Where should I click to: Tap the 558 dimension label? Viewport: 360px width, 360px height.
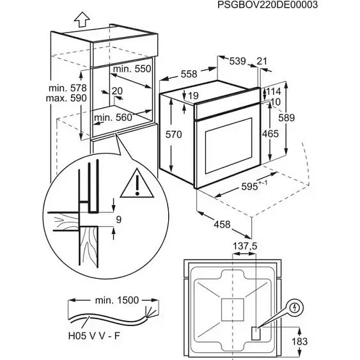[x=189, y=74]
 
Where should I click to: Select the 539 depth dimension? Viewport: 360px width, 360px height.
[x=237, y=61]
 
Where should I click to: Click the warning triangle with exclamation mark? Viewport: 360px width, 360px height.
[x=139, y=184]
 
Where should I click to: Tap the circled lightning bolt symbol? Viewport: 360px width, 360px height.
[x=295, y=308]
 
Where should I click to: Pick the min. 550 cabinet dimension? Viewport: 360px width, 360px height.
[x=132, y=68]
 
